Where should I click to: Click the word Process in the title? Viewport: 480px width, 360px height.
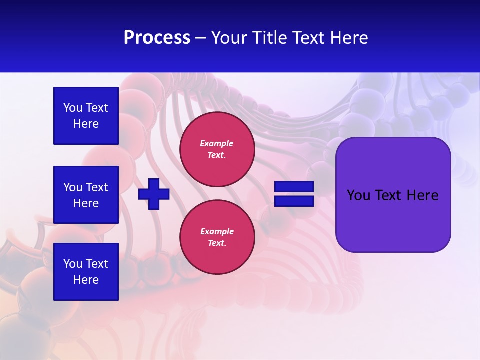pyautogui.click(x=157, y=38)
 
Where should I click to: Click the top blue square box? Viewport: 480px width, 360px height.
pyautogui.click(x=86, y=116)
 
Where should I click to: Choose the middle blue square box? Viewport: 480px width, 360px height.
pyautogui.click(x=86, y=195)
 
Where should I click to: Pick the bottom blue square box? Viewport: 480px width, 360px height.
pyautogui.click(x=86, y=272)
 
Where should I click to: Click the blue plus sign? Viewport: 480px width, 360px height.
pyautogui.click(x=154, y=194)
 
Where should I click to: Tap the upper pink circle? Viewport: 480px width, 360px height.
pyautogui.click(x=217, y=149)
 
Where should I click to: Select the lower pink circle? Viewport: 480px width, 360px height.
pyautogui.click(x=217, y=237)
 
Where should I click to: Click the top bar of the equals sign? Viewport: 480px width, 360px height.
pyautogui.click(x=294, y=187)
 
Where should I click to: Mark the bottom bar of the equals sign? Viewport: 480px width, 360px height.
pyautogui.click(x=294, y=201)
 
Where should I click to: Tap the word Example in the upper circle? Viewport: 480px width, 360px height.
pyautogui.click(x=217, y=143)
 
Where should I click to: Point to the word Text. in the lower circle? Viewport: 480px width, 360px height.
pyautogui.click(x=217, y=243)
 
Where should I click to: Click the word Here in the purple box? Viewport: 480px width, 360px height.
pyautogui.click(x=422, y=195)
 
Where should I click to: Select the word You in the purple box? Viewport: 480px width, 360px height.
pyautogui.click(x=358, y=195)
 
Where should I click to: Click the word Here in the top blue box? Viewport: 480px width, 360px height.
pyautogui.click(x=86, y=124)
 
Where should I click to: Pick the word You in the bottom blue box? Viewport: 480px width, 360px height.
pyautogui.click(x=73, y=264)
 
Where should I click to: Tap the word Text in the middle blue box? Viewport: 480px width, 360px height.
pyautogui.click(x=97, y=187)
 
